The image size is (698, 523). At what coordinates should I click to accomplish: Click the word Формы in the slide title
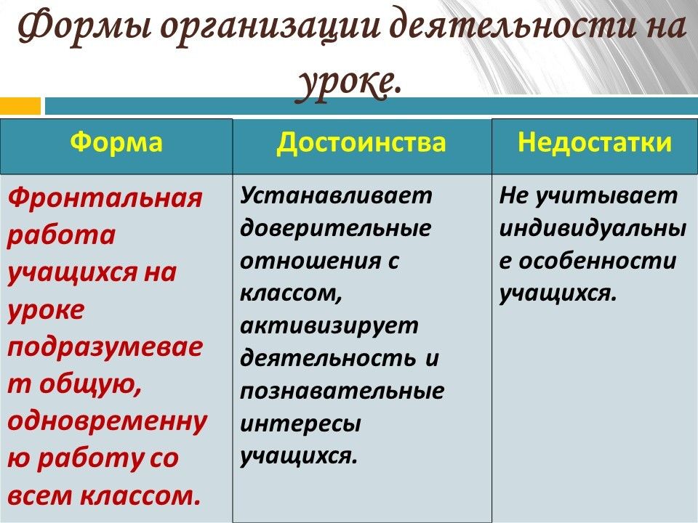coord(84,28)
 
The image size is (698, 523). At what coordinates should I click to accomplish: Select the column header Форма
coord(116,142)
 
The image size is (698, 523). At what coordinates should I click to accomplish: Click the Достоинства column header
coord(361,142)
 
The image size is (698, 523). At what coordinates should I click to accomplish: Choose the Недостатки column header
coord(595,142)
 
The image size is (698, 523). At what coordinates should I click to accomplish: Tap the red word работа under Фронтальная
coord(61,235)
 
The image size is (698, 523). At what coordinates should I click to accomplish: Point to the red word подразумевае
coord(105,348)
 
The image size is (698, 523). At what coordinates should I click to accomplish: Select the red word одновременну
coord(108,421)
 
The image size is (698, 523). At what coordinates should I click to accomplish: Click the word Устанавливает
coord(336,196)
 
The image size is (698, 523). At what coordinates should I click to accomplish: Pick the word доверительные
coord(336,229)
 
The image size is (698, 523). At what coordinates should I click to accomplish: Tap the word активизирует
coord(329,326)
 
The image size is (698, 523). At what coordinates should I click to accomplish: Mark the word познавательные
coord(342,392)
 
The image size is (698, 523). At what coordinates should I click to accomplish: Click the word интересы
coord(300,424)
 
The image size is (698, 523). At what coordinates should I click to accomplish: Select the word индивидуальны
coord(593,229)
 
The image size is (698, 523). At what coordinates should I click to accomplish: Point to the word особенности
coord(598,261)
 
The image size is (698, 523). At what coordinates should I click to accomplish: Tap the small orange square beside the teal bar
coord(20,106)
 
